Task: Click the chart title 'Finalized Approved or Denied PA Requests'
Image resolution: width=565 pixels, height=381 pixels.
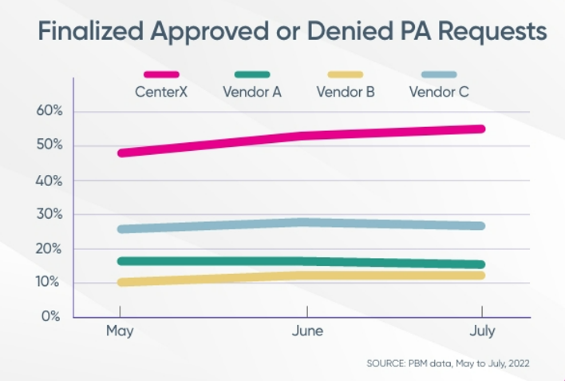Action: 293,32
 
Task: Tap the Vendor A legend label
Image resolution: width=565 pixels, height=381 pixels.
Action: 253,91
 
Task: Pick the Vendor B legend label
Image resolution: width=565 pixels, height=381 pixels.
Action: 346,91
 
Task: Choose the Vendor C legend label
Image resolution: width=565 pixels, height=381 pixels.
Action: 438,91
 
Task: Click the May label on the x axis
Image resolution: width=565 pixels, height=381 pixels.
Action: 120,331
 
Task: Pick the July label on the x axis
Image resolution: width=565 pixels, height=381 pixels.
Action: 482,331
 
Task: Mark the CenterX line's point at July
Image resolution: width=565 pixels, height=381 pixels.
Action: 481,129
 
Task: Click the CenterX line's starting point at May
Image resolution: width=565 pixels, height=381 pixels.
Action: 121,153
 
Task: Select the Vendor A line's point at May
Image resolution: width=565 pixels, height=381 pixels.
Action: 121,260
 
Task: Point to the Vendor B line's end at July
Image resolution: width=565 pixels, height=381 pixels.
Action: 481,276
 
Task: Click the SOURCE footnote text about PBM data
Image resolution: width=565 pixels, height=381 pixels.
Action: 448,363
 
